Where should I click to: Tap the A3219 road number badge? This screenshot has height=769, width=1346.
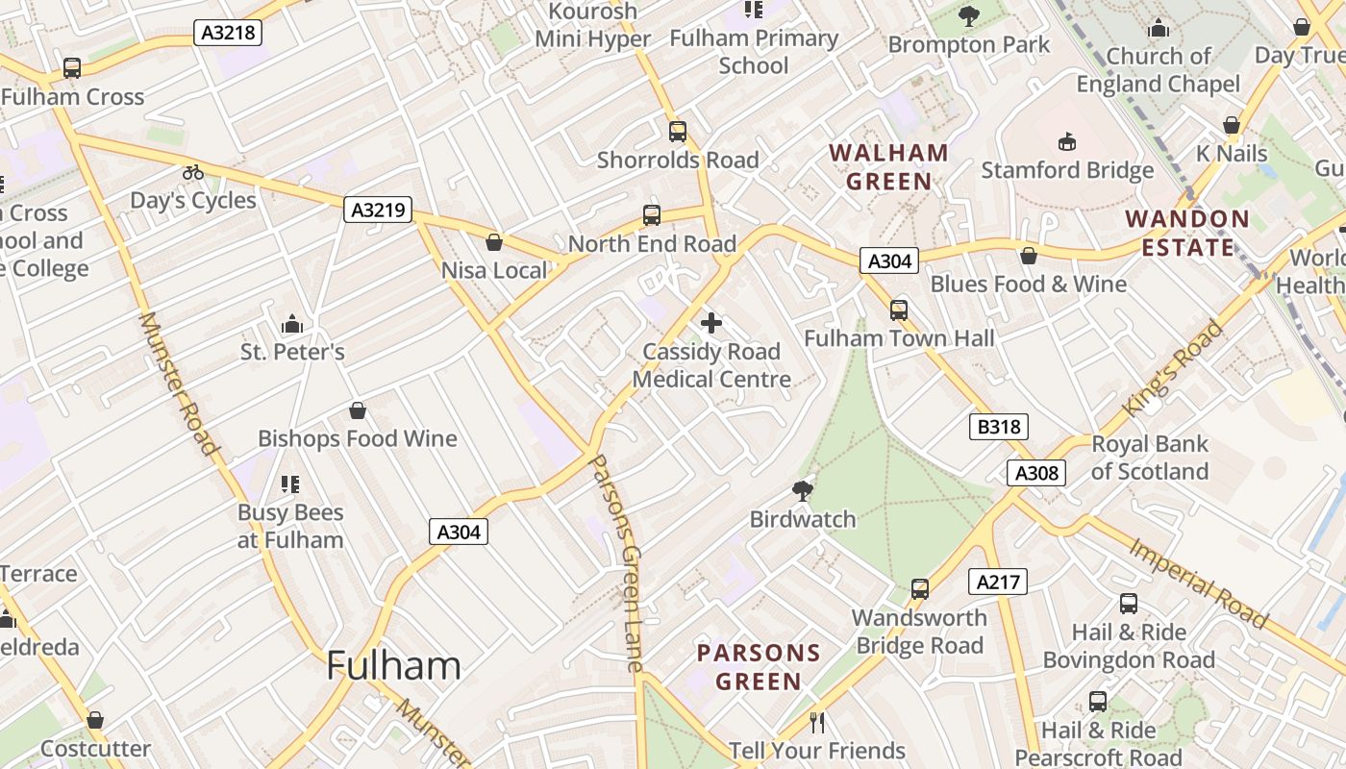[x=378, y=210]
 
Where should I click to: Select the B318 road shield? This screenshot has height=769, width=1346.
[x=998, y=427]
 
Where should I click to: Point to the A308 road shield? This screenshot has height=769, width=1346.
[x=1036, y=472]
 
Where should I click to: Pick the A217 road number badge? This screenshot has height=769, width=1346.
[x=999, y=582]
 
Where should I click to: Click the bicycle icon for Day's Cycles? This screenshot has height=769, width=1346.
[x=193, y=172]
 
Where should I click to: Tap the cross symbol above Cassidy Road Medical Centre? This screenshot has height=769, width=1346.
[x=711, y=323]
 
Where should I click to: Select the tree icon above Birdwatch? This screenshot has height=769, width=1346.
[x=802, y=491]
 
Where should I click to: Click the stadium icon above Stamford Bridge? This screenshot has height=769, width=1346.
[x=1066, y=142]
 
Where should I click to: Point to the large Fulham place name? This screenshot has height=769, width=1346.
[x=393, y=665]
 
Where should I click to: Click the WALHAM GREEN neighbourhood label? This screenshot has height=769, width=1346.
[x=888, y=167]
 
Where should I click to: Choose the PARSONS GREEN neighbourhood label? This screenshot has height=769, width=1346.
[x=759, y=667]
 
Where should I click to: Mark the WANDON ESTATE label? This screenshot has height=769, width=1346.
[x=1187, y=233]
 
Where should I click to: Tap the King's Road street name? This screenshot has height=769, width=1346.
[x=1173, y=369]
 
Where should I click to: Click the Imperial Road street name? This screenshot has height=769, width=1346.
[x=1198, y=583]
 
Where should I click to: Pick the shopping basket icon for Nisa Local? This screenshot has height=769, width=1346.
[x=494, y=242]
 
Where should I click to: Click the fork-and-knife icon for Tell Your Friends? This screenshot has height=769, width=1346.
[x=817, y=722]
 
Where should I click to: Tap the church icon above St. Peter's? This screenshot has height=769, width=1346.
[x=292, y=324]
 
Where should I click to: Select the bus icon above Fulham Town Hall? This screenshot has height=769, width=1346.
[x=899, y=310]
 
